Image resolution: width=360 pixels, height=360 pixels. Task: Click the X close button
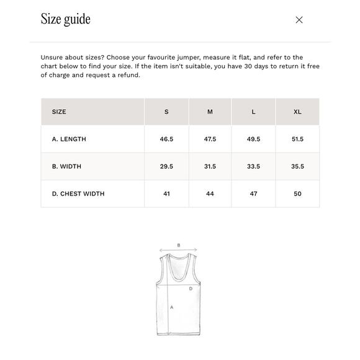(299, 20)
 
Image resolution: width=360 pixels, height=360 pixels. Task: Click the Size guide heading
(66, 19)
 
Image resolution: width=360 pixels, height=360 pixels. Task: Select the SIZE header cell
(59, 112)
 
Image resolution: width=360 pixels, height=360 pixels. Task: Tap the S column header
(166, 112)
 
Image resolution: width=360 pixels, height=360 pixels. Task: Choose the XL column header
(297, 112)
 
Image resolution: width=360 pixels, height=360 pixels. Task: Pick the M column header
(210, 112)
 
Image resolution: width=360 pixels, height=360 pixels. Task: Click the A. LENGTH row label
(69, 139)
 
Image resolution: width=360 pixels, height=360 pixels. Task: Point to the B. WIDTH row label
(66, 166)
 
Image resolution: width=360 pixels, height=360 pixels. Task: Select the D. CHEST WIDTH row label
(78, 194)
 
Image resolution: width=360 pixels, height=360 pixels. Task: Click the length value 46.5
(166, 139)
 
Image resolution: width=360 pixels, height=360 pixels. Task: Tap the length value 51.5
(297, 139)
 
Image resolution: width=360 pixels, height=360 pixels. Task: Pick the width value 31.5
(210, 166)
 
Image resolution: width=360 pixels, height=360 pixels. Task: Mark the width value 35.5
(297, 166)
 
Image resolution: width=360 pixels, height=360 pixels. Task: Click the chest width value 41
(166, 194)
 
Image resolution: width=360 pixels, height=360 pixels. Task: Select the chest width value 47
(253, 194)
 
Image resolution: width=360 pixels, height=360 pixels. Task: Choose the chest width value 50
(297, 194)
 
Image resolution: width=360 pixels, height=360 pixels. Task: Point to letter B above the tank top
(179, 245)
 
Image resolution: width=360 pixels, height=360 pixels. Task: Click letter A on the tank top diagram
(171, 307)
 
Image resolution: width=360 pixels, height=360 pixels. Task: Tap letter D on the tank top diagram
(191, 289)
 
